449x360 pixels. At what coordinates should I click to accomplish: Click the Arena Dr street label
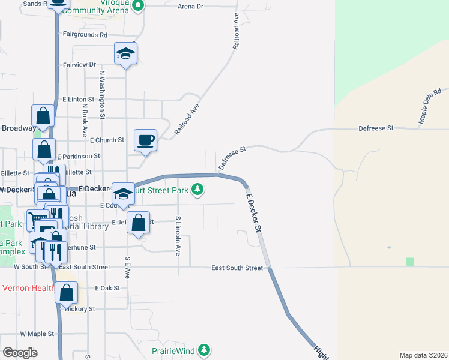pyautogui.click(x=191, y=6)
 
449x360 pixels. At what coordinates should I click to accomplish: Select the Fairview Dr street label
pyautogui.click(x=79, y=64)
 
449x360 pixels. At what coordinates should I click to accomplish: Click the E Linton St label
pyautogui.click(x=79, y=99)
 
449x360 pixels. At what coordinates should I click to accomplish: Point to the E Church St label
pyautogui.click(x=107, y=140)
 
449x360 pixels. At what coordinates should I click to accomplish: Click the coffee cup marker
pyautogui.click(x=145, y=140)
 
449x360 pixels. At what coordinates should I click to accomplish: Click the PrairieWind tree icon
pyautogui.click(x=205, y=350)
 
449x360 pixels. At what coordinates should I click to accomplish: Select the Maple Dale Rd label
pyautogui.click(x=430, y=106)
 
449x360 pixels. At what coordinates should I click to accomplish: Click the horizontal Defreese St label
pyautogui.click(x=375, y=128)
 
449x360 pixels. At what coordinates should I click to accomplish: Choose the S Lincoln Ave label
pyautogui.click(x=178, y=236)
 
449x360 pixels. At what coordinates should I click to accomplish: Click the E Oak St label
pyautogui.click(x=107, y=288)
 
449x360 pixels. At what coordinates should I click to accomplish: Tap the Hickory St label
pyautogui.click(x=83, y=309)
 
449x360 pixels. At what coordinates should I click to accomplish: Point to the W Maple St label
pyautogui.click(x=37, y=333)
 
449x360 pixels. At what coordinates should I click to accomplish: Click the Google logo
pyautogui.click(x=20, y=353)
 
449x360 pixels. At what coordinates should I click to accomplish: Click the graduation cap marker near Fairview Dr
pyautogui.click(x=126, y=53)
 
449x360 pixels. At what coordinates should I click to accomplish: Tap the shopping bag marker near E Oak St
pyautogui.click(x=67, y=293)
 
